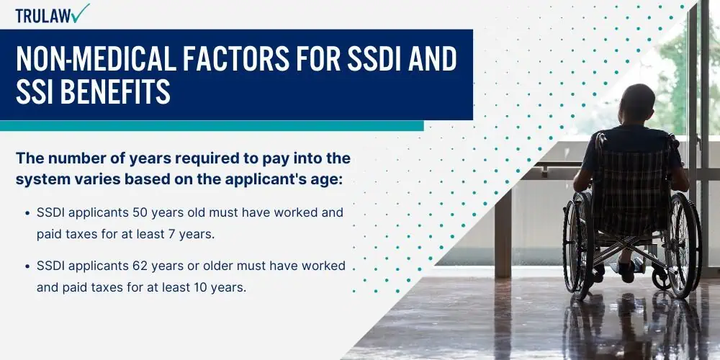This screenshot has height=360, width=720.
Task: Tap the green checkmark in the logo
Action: pos(81,13)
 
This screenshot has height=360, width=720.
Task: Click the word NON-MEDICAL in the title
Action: pos(96,59)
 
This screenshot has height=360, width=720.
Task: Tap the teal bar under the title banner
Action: pos(212,126)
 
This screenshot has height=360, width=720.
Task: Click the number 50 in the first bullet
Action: pos(139,213)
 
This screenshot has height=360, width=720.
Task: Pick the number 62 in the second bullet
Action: pos(139,266)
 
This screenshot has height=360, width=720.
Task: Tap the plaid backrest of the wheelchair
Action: pos(631,188)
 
